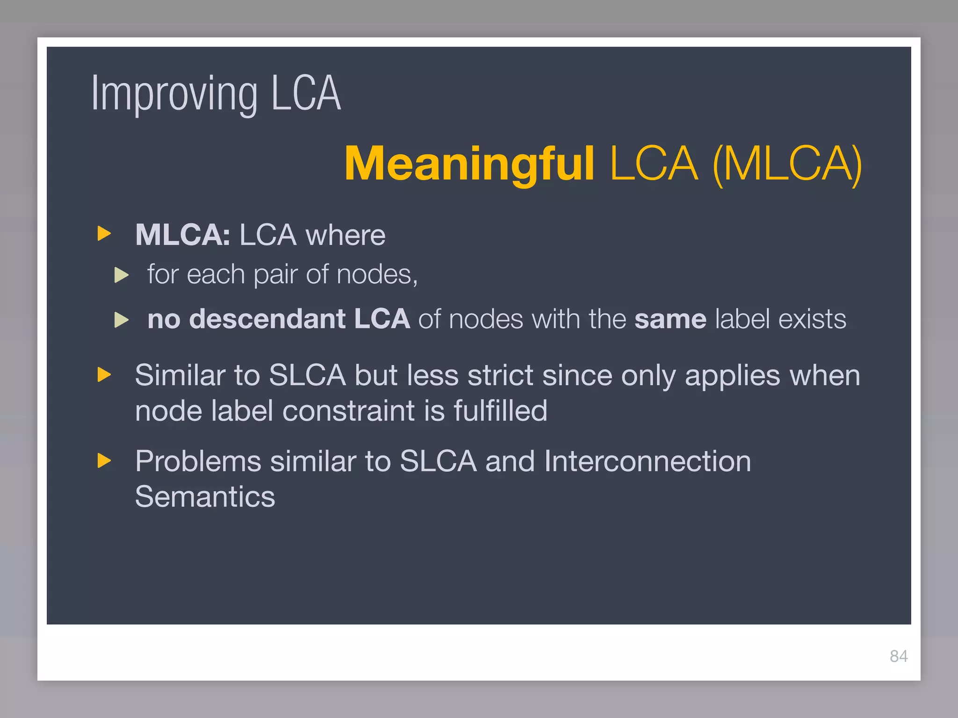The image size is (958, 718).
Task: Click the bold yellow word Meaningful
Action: coord(469,164)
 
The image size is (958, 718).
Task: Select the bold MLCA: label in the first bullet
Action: coord(182,235)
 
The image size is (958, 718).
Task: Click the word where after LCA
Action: coord(345,235)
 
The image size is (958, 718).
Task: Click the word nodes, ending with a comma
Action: coord(377,274)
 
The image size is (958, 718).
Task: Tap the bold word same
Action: coord(670,319)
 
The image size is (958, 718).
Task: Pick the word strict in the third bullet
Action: coord(500,375)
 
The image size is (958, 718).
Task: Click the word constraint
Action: coord(348,411)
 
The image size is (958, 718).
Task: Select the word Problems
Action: coord(198,461)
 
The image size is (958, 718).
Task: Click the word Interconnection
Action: coord(647,461)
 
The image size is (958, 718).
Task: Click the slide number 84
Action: coord(899,656)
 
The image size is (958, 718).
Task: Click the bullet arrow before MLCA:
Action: coord(104,233)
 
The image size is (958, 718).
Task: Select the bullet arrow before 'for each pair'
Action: coord(122,275)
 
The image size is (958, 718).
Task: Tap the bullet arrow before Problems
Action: coord(104,460)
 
